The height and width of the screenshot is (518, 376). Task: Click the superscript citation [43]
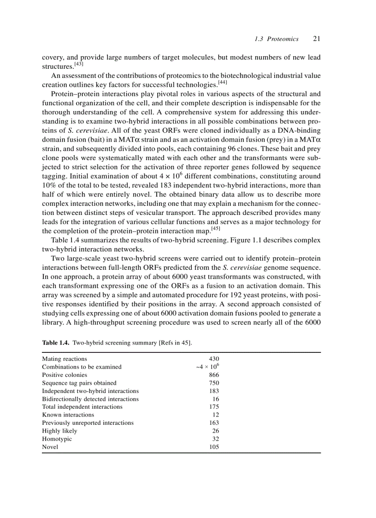tap(79, 64)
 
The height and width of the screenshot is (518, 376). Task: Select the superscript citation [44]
tap(222, 82)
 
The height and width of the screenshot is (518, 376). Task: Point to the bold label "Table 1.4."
tap(56, 343)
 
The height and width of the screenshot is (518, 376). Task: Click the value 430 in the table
tap(214, 359)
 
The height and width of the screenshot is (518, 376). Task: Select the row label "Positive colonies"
tap(65, 375)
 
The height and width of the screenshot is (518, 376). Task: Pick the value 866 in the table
tap(214, 375)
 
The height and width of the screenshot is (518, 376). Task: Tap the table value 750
tap(214, 383)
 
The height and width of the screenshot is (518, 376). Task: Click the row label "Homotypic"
tap(57, 439)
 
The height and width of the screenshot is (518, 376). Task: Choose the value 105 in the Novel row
tap(214, 447)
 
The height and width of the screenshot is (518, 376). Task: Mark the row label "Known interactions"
tap(68, 415)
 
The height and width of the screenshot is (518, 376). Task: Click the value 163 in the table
tap(214, 423)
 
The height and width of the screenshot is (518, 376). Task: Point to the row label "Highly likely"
tap(59, 431)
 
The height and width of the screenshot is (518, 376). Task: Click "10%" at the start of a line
tap(49, 185)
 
